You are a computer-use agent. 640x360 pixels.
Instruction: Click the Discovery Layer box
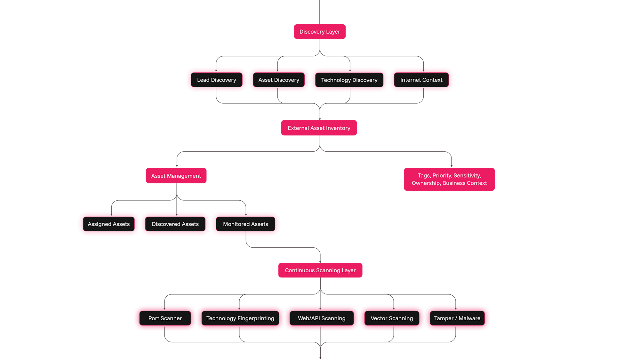pyautogui.click(x=320, y=32)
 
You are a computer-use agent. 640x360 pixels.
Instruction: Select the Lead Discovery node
pyautogui.click(x=217, y=80)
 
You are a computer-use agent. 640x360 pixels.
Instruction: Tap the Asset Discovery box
pyautogui.click(x=279, y=80)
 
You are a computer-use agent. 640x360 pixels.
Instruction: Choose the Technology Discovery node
pyautogui.click(x=349, y=80)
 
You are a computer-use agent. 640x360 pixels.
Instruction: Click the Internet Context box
pyautogui.click(x=421, y=80)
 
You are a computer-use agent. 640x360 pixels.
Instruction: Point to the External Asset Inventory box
pyautogui.click(x=319, y=128)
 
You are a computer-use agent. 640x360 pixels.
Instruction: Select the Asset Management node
pyautogui.click(x=176, y=176)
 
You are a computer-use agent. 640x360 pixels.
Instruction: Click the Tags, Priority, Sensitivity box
pyautogui.click(x=449, y=179)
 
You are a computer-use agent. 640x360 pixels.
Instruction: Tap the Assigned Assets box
pyautogui.click(x=109, y=224)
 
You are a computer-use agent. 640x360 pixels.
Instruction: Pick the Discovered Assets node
pyautogui.click(x=175, y=224)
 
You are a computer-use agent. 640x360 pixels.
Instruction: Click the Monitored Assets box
pyautogui.click(x=245, y=224)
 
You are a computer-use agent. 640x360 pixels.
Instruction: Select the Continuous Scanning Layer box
pyautogui.click(x=320, y=270)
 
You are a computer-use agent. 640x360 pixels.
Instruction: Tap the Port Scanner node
pyautogui.click(x=165, y=318)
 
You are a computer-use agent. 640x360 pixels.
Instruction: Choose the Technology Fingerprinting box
pyautogui.click(x=240, y=318)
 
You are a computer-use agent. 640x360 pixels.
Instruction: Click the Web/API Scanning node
pyautogui.click(x=322, y=318)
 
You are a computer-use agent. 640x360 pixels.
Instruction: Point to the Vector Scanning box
pyautogui.click(x=392, y=318)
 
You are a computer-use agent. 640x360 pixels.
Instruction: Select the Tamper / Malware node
pyautogui.click(x=457, y=318)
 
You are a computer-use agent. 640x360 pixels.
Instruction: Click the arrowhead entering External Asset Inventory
pyautogui.click(x=320, y=119)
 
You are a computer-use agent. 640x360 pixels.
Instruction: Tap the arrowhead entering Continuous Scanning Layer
pyautogui.click(x=320, y=262)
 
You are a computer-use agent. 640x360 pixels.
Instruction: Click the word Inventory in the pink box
pyautogui.click(x=338, y=128)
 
